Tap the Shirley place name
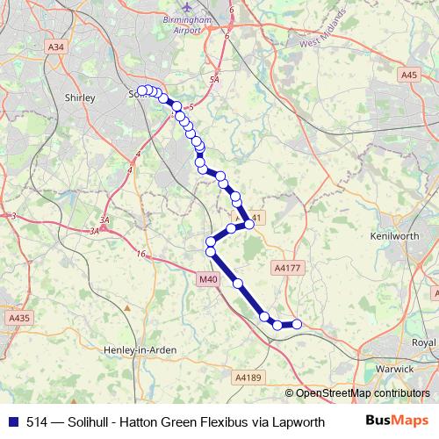80,98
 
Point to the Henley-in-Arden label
141,349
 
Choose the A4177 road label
286,266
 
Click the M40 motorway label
207,279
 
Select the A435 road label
18,318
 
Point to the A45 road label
409,76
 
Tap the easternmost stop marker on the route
297,324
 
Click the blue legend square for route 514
11,421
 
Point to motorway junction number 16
140,254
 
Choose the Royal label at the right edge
424,342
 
